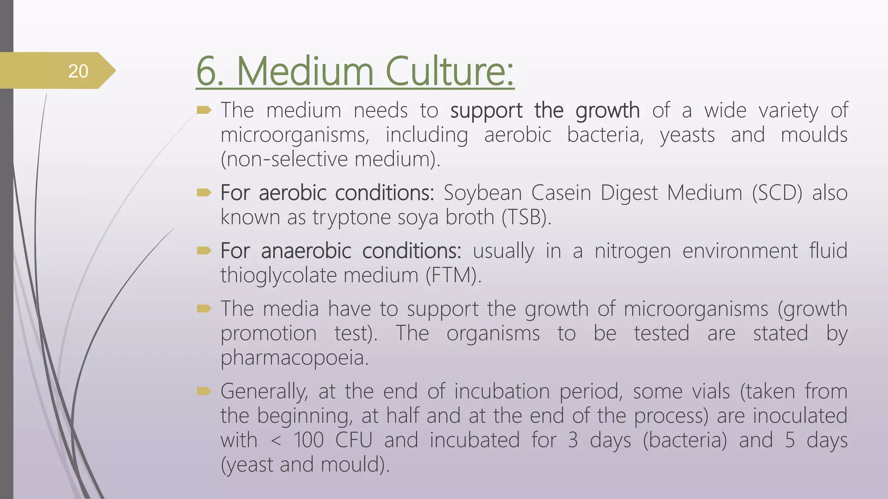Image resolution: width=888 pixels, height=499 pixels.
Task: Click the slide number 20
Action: click(78, 71)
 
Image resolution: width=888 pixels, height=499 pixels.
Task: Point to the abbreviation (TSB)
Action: click(526, 217)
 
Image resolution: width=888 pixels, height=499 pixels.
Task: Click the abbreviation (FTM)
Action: click(453, 275)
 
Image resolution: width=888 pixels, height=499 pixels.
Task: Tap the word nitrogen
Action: click(633, 251)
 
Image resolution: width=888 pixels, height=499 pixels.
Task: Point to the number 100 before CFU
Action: click(309, 440)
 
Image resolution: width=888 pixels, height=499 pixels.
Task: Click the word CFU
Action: click(354, 440)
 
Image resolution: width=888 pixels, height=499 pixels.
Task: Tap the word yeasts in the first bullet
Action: click(687, 135)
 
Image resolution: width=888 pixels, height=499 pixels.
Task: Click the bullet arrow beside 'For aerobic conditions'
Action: click(204, 192)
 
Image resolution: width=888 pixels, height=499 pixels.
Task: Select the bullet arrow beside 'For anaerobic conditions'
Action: click(204, 250)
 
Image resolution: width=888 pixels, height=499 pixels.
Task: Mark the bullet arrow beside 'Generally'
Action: click(204, 392)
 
